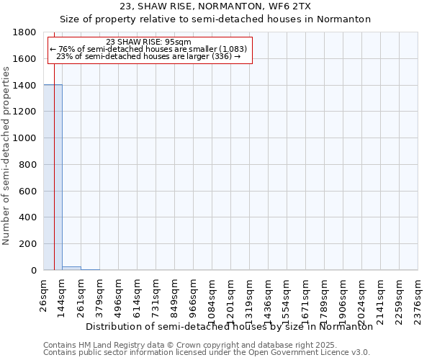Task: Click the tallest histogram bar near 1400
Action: (x=53, y=177)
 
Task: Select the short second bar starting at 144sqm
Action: (x=71, y=268)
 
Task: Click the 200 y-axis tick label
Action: (x=28, y=244)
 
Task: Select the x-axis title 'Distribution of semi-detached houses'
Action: (x=229, y=326)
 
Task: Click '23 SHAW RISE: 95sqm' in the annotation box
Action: (x=148, y=42)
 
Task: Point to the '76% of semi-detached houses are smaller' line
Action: (x=148, y=49)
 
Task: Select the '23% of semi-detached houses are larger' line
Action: (x=148, y=56)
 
